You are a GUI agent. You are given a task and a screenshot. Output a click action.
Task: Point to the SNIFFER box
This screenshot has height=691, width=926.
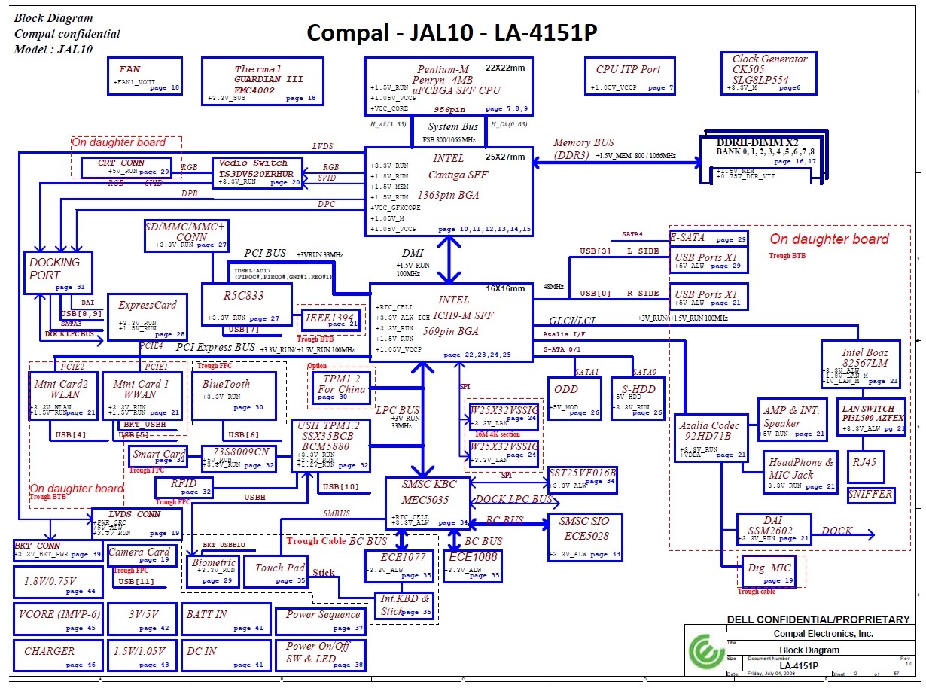pyautogui.click(x=870, y=495)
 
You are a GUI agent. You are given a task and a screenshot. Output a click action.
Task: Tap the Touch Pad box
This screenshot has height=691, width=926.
pyautogui.click(x=280, y=573)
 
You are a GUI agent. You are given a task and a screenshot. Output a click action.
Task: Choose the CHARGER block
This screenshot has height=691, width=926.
pyautogui.click(x=57, y=656)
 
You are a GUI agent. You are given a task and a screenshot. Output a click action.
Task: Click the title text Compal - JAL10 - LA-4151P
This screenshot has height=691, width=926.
pyautogui.click(x=452, y=33)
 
